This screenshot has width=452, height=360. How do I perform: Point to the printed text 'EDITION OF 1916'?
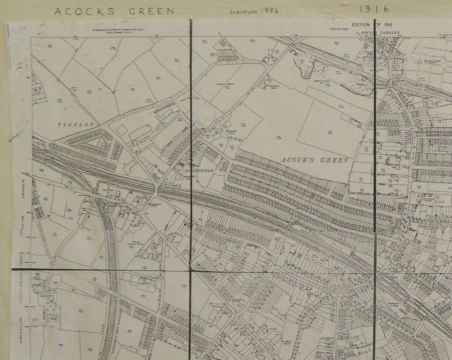tap(372, 24)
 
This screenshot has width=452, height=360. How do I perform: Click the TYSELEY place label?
tap(77, 125)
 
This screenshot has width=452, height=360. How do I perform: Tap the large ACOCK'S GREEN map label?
tap(315, 160)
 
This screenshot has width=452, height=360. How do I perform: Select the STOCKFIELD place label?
tap(198, 171)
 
